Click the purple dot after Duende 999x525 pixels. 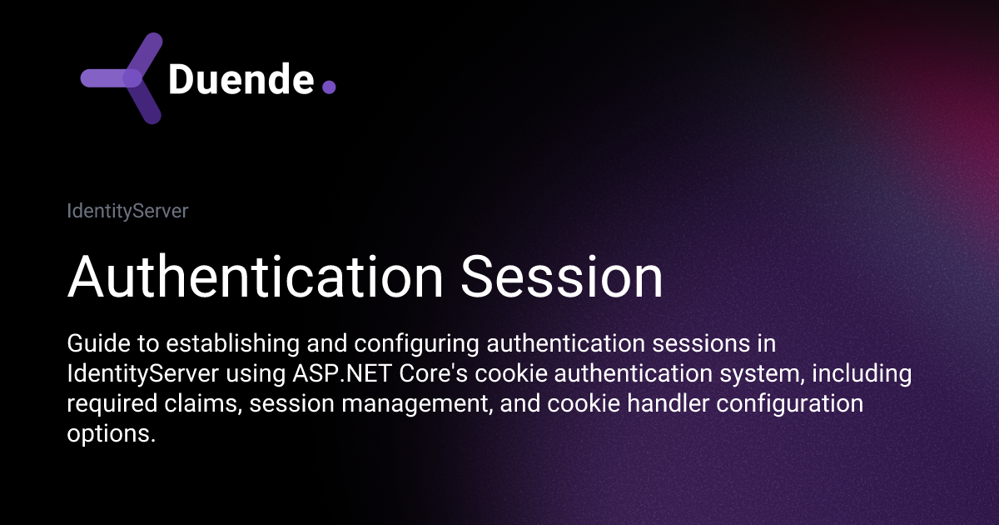click(x=328, y=87)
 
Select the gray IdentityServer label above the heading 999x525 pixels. click(x=127, y=212)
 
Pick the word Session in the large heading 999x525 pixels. click(x=562, y=277)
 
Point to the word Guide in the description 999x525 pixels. click(x=92, y=344)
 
